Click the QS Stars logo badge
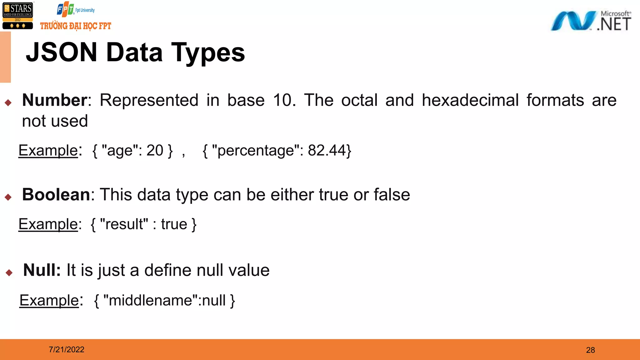click(x=17, y=16)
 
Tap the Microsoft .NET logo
click(x=591, y=21)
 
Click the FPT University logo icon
click(x=65, y=10)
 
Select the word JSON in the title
click(x=62, y=52)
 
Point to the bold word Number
click(x=55, y=100)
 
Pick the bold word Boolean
click(x=56, y=195)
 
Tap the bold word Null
click(x=42, y=270)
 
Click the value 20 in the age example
click(x=155, y=150)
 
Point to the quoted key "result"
click(x=124, y=224)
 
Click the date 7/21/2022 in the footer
click(x=67, y=349)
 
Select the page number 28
click(x=590, y=350)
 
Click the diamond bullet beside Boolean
click(x=8, y=197)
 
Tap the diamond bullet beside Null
click(x=9, y=272)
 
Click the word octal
click(x=359, y=100)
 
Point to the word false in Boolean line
click(x=392, y=195)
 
